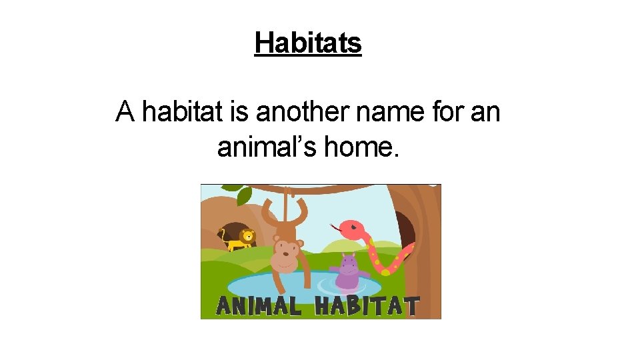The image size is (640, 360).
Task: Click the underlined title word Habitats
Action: click(x=308, y=43)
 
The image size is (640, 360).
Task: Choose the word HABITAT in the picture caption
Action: click(x=367, y=306)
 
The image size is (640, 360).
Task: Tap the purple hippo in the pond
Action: click(x=347, y=272)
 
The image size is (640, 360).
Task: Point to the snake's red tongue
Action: click(x=333, y=227)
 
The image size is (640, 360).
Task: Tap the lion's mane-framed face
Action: click(x=248, y=235)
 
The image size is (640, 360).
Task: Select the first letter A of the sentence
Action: click(x=125, y=111)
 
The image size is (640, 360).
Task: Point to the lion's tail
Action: click(x=223, y=234)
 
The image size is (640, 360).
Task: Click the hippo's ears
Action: click(x=347, y=256)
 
